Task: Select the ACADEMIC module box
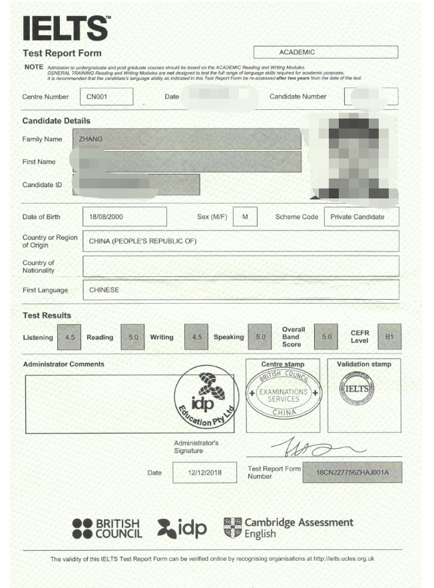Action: (325, 52)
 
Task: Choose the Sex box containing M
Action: (245, 217)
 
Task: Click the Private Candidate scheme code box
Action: (361, 217)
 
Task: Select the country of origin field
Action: (240, 241)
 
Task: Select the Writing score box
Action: (196, 337)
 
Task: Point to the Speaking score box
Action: (260, 337)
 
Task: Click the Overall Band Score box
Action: (326, 337)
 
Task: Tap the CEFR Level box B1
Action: (389, 337)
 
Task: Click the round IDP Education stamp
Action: (206, 398)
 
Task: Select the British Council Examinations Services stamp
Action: (283, 392)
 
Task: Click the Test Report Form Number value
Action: (351, 472)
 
